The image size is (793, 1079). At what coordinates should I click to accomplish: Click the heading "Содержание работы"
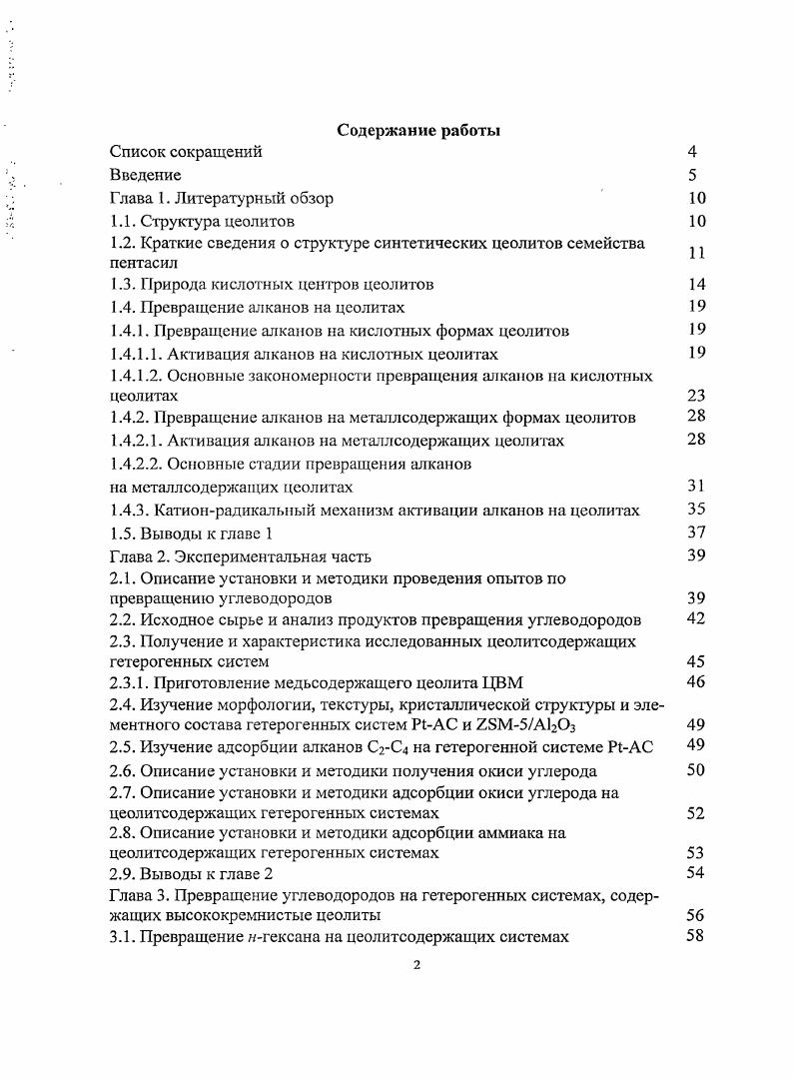pos(418,130)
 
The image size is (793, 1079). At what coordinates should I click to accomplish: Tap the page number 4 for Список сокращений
pos(692,152)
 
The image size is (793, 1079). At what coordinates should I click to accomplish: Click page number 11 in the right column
pos(697,253)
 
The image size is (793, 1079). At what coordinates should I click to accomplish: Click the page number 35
pos(697,510)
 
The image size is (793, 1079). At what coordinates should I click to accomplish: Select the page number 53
pos(697,852)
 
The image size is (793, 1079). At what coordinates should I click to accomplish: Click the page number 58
pos(697,936)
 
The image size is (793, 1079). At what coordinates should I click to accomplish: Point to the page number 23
pos(697,395)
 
